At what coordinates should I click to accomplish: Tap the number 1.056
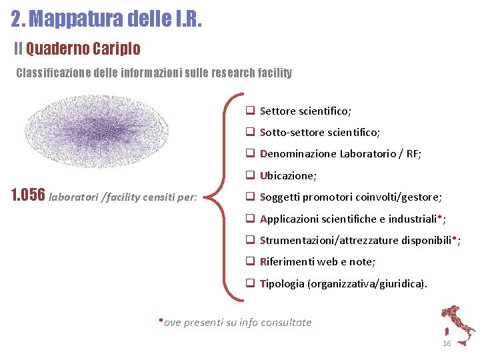[29, 196]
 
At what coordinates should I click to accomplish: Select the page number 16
[447, 343]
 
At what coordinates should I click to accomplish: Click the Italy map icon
[457, 324]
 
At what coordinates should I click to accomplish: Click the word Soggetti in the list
[280, 197]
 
